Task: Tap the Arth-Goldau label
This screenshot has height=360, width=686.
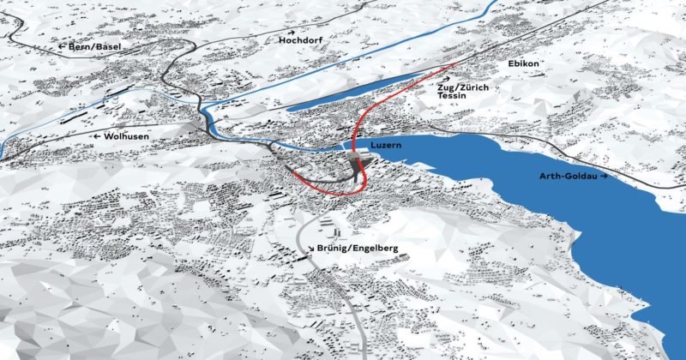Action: point(567,176)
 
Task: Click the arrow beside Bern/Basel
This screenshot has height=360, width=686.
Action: point(63,47)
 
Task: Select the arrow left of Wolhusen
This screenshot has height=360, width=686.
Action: point(99,135)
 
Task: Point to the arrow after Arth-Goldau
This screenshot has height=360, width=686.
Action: point(604,176)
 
